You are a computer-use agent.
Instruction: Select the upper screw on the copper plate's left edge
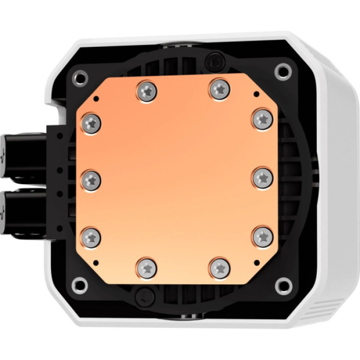pos(92,122)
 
